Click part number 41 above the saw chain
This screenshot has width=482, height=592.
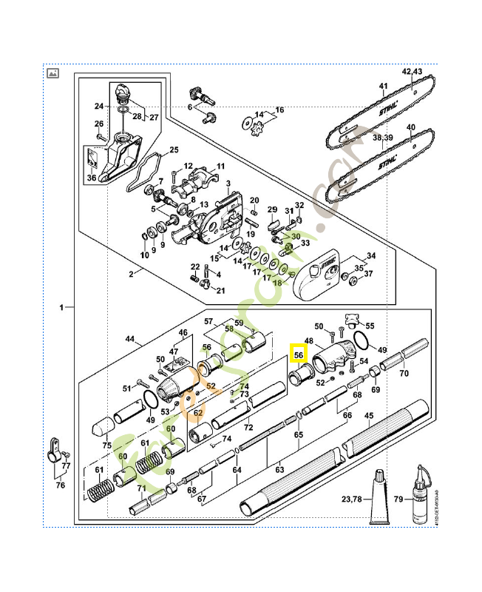click(x=383, y=87)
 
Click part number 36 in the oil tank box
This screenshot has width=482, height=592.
click(x=91, y=177)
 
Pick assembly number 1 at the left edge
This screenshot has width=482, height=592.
click(x=63, y=306)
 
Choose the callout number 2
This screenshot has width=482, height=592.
click(x=131, y=274)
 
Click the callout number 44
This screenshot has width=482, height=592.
click(x=131, y=340)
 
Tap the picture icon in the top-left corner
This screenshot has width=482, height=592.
click(x=52, y=73)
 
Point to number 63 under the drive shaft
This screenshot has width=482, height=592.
click(x=279, y=468)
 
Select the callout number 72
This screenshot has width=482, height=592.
click(x=248, y=428)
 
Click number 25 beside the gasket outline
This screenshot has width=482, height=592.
click(x=174, y=149)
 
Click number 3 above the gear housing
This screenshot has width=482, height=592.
click(x=228, y=183)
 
